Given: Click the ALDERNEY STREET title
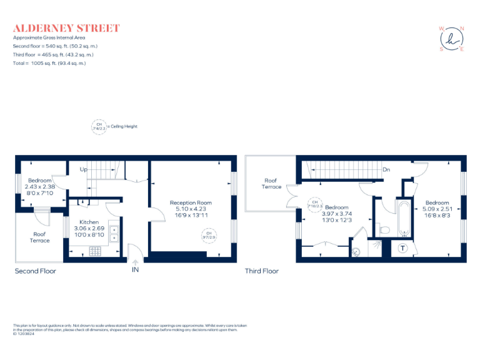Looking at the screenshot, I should (x=66, y=28).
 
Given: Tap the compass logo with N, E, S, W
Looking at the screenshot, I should (x=452, y=38).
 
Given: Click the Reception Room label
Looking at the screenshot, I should (x=191, y=202).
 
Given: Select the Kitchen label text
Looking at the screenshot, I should (x=89, y=222).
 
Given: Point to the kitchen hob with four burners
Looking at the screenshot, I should (x=96, y=251).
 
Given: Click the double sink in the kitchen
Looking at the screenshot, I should (x=114, y=233).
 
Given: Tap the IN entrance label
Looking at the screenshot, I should (x=135, y=271).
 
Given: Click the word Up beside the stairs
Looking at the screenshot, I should (x=82, y=170).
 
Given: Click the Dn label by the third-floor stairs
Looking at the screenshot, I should (x=386, y=169).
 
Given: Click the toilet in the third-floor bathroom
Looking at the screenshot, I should (x=384, y=230).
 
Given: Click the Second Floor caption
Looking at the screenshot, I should (x=36, y=271).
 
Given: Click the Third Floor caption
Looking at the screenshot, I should (x=262, y=271).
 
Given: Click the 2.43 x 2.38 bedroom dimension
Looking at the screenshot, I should (x=39, y=186).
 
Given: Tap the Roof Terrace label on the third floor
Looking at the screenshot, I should (x=272, y=183).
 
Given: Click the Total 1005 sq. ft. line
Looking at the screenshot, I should (x=49, y=63).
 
